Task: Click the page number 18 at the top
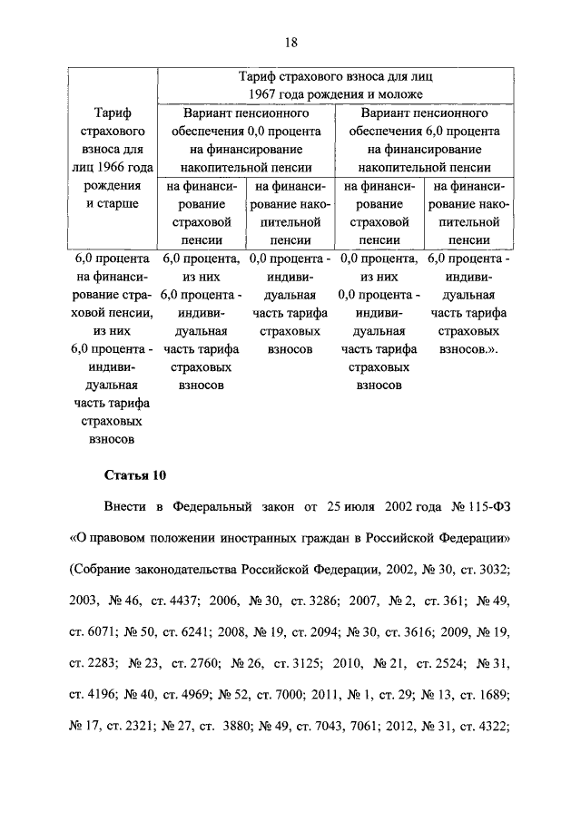[291, 42]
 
